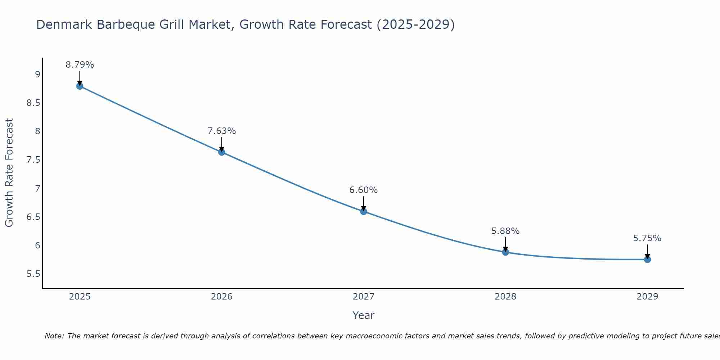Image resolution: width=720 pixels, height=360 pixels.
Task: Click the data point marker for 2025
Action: click(x=80, y=86)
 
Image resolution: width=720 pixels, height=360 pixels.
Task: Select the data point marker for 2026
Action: click(x=221, y=152)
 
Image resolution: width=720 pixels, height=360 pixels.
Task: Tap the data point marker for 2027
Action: click(x=364, y=211)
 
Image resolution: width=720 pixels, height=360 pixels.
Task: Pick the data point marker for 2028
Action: click(x=505, y=252)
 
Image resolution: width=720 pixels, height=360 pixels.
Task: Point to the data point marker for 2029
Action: click(x=647, y=259)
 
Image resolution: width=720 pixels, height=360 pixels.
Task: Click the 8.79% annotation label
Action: click(x=80, y=65)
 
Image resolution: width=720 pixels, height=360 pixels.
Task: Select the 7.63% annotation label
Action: click(x=221, y=131)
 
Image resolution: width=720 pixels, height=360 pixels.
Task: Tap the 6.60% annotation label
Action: click(x=364, y=190)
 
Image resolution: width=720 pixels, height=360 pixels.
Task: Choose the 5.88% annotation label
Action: click(x=505, y=231)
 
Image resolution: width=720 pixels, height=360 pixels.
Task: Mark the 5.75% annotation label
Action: click(x=647, y=238)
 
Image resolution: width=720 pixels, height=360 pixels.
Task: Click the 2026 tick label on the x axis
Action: click(x=221, y=297)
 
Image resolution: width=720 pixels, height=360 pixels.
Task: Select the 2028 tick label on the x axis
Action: click(x=505, y=297)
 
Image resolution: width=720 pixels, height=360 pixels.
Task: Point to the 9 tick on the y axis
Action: click(x=37, y=75)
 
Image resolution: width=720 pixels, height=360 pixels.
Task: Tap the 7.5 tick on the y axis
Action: click(x=33, y=160)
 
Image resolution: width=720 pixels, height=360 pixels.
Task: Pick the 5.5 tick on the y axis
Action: click(x=33, y=274)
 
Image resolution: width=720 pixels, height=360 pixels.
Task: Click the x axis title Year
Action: click(x=364, y=315)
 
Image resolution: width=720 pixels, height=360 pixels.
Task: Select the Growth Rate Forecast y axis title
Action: click(x=9, y=172)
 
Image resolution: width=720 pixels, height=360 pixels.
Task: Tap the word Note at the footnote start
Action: click(x=54, y=336)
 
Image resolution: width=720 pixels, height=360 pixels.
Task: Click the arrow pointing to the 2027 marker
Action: click(x=364, y=203)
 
